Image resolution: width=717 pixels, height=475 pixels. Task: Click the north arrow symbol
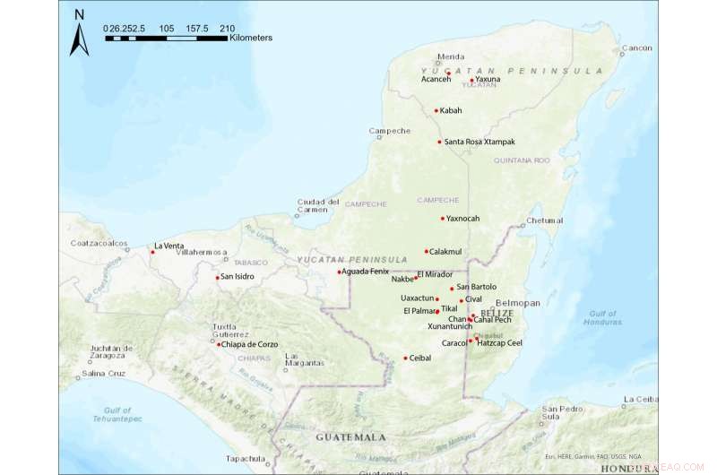pos(80,34)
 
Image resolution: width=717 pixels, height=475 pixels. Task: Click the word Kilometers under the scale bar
pos(251,39)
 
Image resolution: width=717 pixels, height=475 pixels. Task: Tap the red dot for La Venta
pos(152,252)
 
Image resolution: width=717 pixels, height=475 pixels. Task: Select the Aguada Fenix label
pos(367,272)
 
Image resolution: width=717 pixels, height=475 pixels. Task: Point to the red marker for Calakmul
pos(427,251)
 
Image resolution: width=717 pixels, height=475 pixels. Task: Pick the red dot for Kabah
pos(436,111)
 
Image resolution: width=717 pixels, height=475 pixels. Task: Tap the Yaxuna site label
pos(488,80)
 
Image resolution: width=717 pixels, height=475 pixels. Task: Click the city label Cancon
pos(636,47)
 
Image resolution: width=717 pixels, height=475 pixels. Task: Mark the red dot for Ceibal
pos(405,358)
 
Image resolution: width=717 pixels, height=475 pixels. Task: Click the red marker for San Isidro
pos(217,277)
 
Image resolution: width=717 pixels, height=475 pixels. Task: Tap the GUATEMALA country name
pos(350,436)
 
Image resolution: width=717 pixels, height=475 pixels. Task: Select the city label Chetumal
pos(545,220)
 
